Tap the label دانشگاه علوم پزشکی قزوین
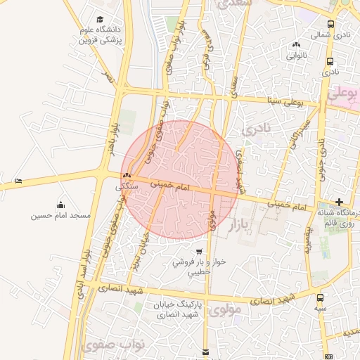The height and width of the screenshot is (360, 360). pyautogui.click(x=99, y=34)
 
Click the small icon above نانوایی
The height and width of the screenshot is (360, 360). pyautogui.click(x=295, y=45)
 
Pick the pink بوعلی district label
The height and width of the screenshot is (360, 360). pyautogui.click(x=344, y=92)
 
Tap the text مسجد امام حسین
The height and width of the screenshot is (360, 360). pyautogui.click(x=61, y=215)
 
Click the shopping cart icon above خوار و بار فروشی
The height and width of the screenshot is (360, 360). pyautogui.click(x=200, y=251)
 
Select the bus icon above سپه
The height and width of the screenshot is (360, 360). pyautogui.click(x=321, y=297)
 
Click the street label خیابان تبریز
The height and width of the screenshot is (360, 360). pyautogui.click(x=139, y=253)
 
